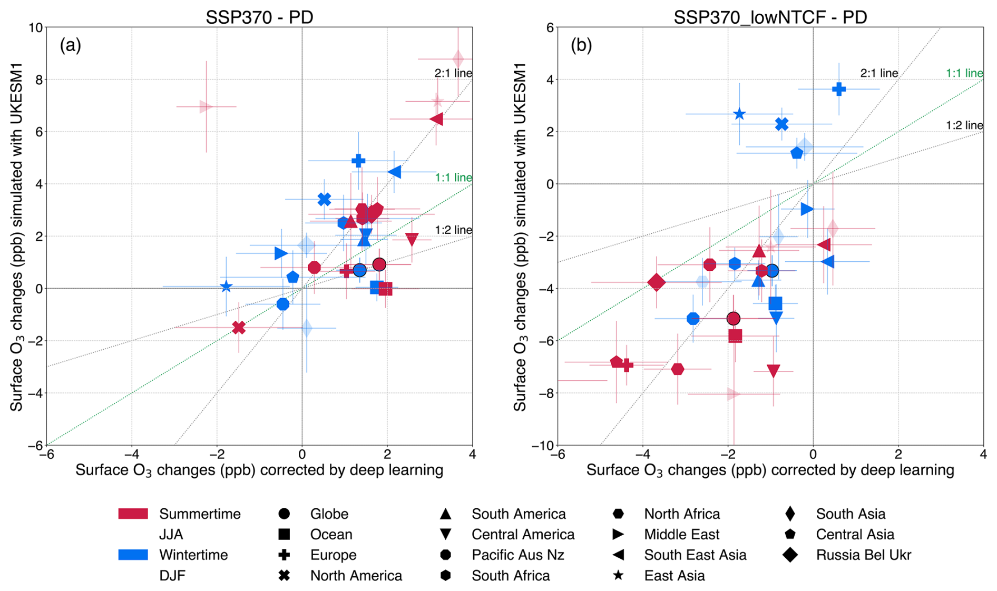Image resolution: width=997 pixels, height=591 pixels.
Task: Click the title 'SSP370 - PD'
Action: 259,17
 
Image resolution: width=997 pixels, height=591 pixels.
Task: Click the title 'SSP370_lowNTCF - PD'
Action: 770,17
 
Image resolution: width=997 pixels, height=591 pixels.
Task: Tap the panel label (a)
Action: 70,45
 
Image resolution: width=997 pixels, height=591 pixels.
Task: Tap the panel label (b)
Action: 581,45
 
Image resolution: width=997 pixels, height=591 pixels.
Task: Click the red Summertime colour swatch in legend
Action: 133,514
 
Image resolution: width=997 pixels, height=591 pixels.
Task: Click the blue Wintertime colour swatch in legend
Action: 133,555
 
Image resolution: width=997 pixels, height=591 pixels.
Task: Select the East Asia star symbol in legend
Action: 618,575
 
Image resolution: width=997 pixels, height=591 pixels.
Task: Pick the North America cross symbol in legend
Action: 284,575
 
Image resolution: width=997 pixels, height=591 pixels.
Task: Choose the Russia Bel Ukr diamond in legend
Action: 790,555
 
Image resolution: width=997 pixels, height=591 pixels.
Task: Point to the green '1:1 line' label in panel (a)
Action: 453,178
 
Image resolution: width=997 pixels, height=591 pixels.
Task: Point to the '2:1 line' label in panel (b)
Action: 879,73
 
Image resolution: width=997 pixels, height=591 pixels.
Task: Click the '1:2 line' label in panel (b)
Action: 964,125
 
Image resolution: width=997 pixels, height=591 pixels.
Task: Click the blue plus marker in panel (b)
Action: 839,89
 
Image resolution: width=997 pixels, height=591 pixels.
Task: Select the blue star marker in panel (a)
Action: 226,287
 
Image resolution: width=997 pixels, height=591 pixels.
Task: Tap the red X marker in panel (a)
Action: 239,328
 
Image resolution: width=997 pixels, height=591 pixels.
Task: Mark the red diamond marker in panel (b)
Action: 656,282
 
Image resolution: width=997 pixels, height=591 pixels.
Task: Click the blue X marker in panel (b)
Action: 782,124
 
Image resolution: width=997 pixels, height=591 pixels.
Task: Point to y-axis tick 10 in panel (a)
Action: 36,27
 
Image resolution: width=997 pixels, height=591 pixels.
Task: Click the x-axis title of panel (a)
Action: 259,470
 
